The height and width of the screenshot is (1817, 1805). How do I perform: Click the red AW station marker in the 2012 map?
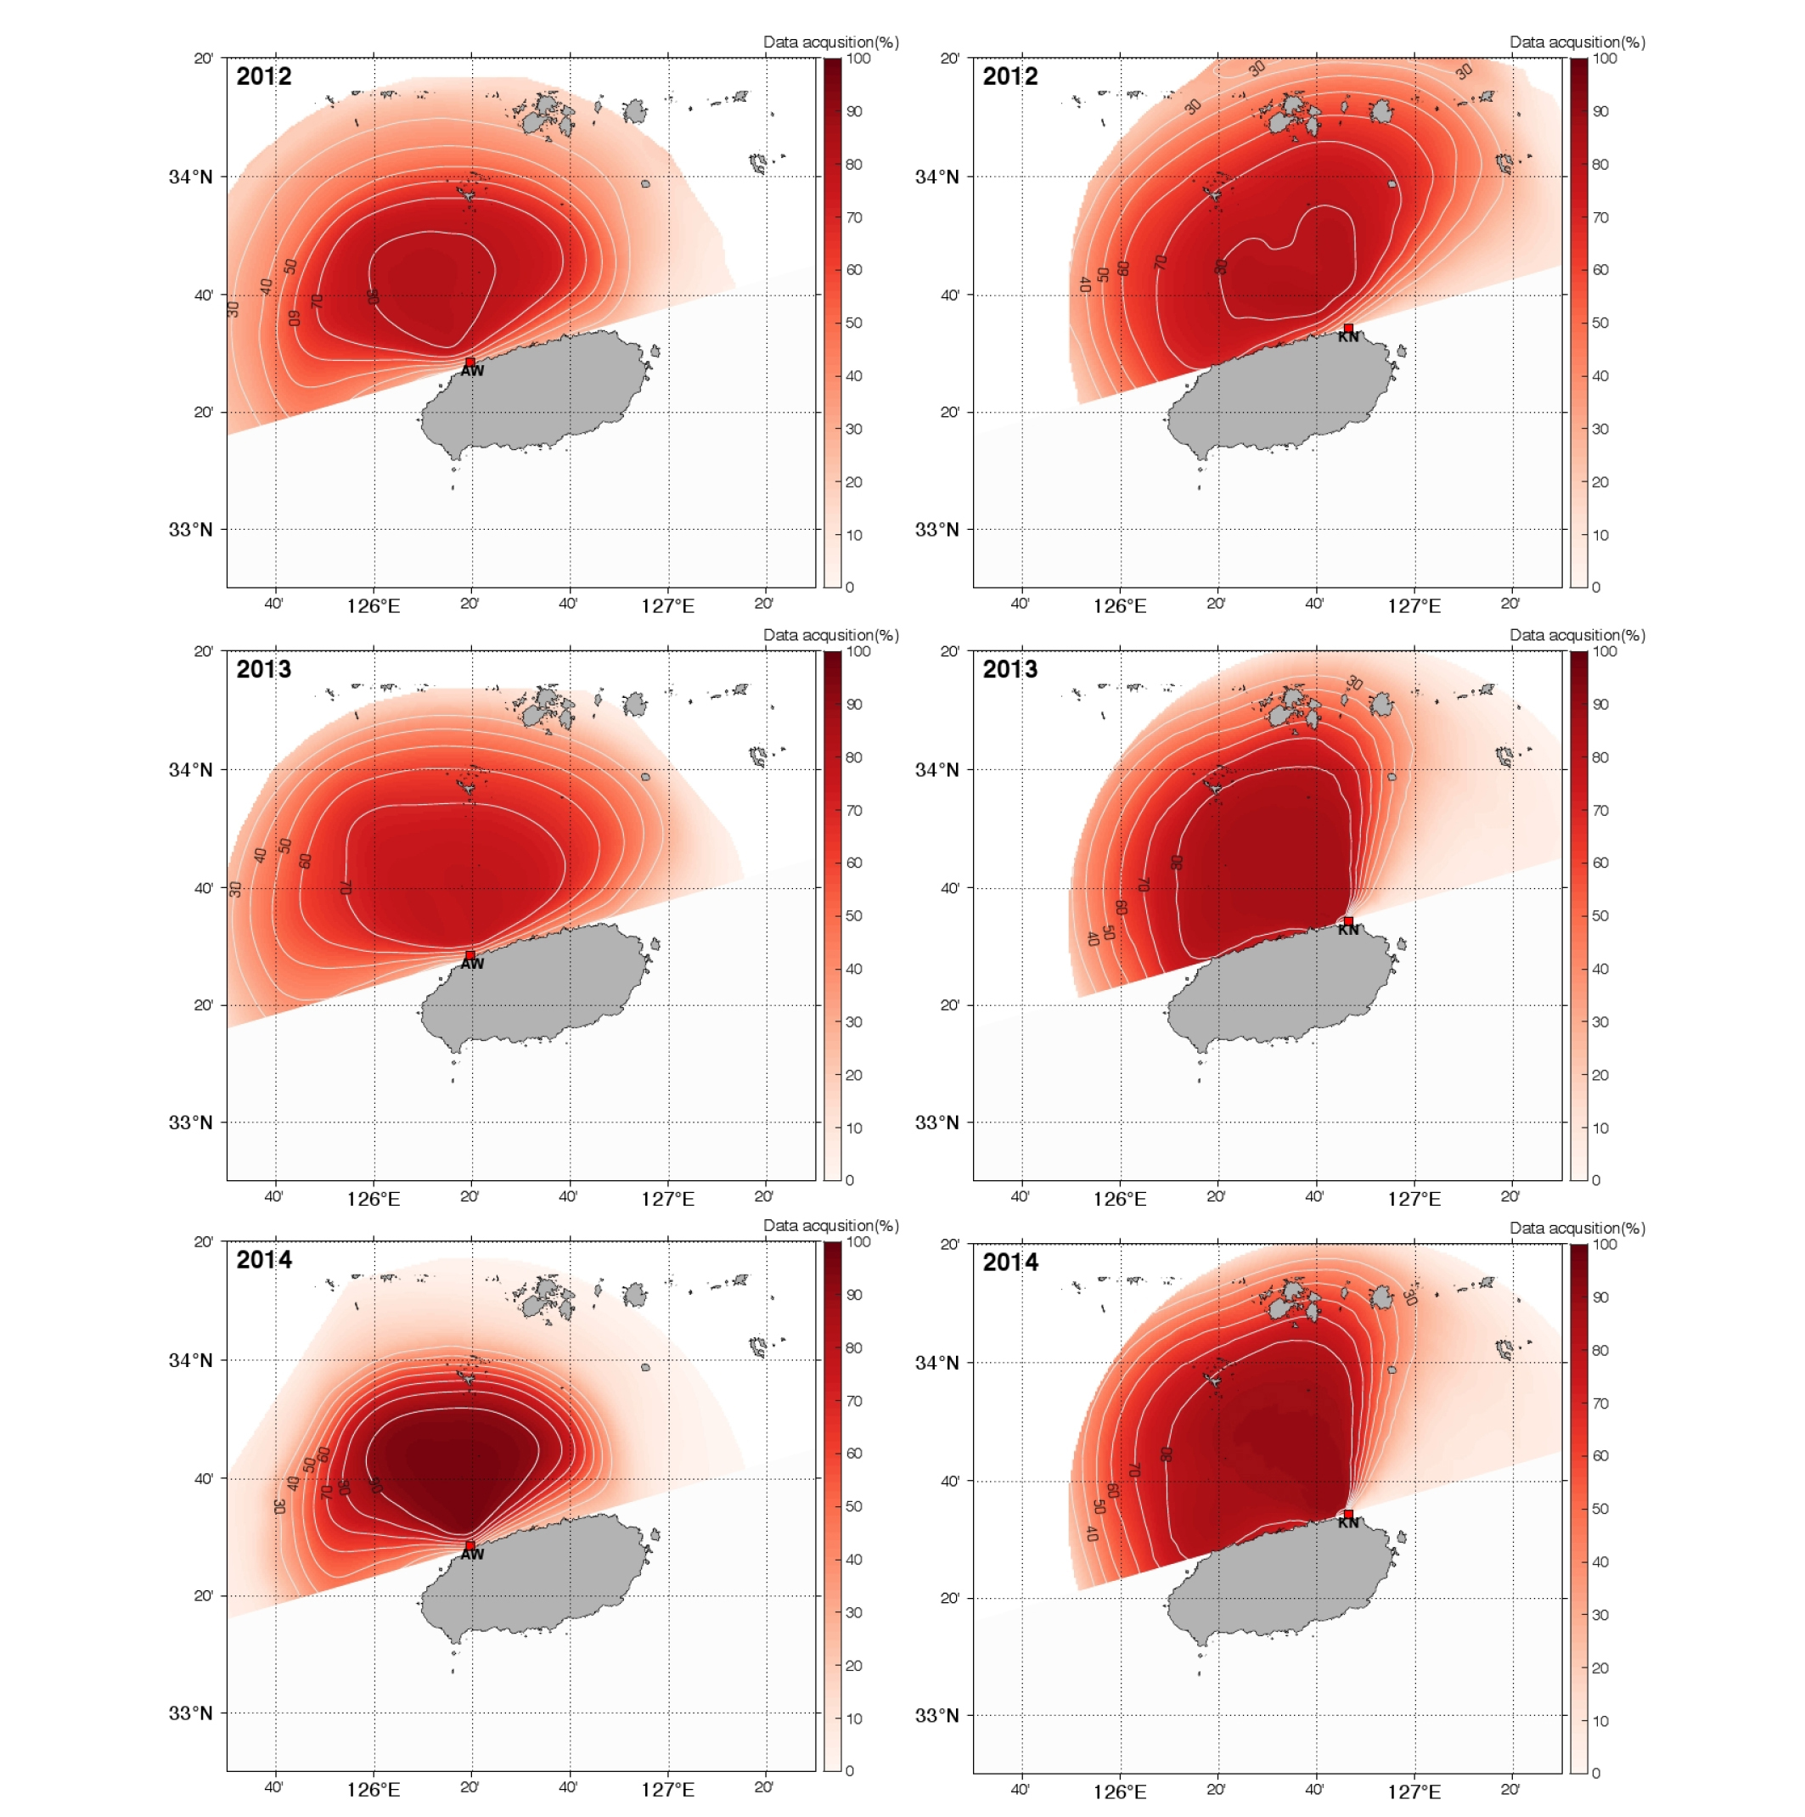470,362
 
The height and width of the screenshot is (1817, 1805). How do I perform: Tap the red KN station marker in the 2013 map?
1348,920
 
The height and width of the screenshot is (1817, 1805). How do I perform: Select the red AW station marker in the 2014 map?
470,1545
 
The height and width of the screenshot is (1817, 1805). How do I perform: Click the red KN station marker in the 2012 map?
1348,329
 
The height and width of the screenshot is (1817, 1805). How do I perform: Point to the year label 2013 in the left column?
263,670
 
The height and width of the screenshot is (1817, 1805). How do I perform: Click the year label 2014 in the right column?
1010,1262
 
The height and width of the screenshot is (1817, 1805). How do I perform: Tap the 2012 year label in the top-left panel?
263,76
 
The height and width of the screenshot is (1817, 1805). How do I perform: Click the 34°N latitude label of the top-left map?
191,177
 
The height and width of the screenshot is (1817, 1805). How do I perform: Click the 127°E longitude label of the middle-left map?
668,1199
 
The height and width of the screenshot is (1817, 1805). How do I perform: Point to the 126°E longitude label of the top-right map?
1120,606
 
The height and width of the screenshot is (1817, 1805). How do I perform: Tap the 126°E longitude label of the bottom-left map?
374,1790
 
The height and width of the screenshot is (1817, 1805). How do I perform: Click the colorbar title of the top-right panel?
1577,42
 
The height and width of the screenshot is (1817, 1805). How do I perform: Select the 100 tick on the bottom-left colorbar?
858,1241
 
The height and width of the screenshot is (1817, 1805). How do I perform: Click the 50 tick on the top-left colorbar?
854,323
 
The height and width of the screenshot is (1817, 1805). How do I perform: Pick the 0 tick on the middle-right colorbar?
1595,1179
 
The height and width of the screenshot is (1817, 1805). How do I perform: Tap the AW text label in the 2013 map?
472,964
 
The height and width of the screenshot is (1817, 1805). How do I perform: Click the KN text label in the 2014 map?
1349,1522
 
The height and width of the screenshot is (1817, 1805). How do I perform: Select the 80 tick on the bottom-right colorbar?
1601,1351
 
